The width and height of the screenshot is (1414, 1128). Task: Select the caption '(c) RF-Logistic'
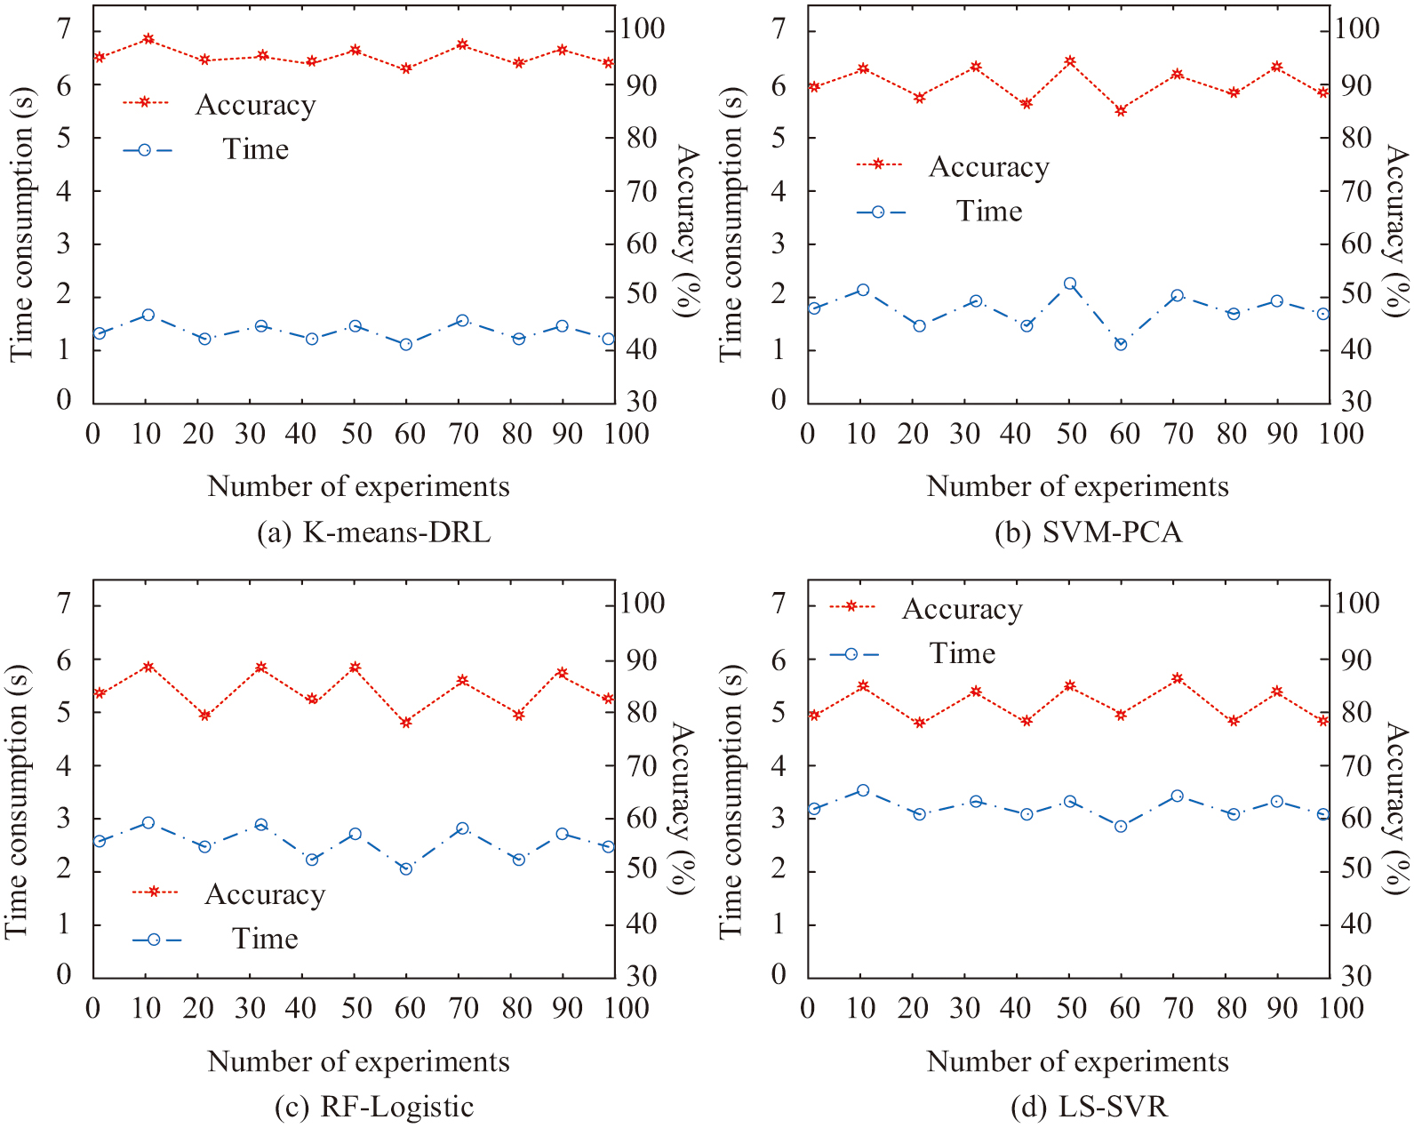373,1107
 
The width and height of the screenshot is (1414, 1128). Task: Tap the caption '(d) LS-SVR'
1089,1107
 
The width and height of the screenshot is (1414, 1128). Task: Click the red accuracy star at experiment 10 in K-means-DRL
148,39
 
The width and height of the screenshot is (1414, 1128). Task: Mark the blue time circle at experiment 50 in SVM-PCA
1070,284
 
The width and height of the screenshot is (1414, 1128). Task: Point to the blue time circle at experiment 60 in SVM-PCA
1121,344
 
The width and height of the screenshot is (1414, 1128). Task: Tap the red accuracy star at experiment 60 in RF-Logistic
406,723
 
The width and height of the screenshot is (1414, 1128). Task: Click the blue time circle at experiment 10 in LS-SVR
862,790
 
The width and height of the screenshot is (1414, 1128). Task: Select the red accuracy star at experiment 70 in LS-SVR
1177,678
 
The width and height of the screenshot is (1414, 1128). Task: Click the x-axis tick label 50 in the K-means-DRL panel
355,434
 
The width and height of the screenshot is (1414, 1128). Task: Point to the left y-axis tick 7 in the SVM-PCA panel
779,29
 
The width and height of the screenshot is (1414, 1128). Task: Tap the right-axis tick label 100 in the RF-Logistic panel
643,604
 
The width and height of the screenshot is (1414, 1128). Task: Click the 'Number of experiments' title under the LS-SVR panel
1077,1061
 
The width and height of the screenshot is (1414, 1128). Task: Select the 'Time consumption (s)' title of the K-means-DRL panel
21,224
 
